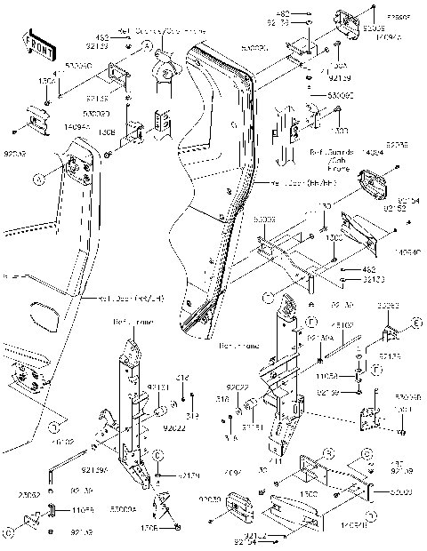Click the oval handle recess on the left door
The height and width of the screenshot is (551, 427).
(x=44, y=315)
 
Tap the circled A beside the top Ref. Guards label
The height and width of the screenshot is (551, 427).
(x=149, y=43)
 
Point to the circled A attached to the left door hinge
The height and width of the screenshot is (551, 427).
(x=38, y=180)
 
